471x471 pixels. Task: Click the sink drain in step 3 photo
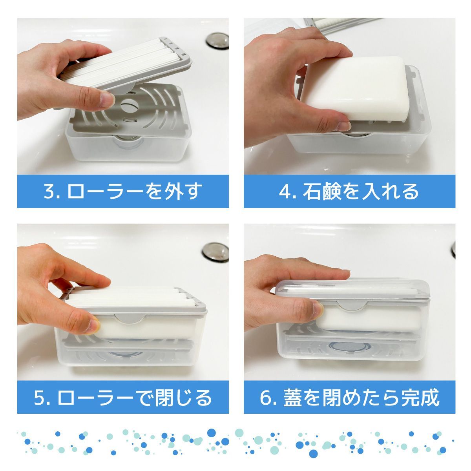click(217, 41)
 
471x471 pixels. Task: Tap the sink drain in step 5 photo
click(215, 252)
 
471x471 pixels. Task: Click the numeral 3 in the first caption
click(49, 192)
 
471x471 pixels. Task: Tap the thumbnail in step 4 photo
click(343, 125)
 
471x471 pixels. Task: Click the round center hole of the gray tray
click(129, 105)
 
